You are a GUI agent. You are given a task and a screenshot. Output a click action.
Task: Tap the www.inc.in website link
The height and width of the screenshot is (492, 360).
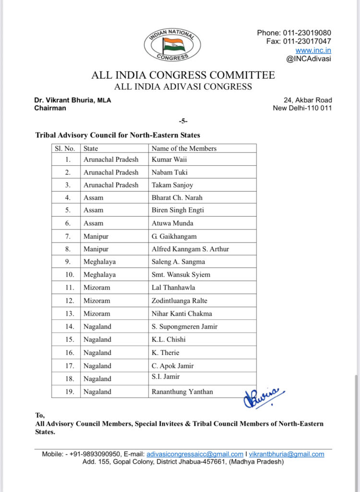click(313, 50)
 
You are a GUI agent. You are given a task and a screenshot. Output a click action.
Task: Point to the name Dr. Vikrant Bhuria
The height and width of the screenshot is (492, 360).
click(65, 100)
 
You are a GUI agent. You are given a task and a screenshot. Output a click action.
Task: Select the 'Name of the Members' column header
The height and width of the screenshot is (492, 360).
click(184, 148)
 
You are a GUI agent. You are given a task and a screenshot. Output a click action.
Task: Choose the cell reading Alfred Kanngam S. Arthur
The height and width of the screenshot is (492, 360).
click(190, 249)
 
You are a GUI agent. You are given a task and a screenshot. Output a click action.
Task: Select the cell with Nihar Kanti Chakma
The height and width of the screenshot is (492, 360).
click(181, 313)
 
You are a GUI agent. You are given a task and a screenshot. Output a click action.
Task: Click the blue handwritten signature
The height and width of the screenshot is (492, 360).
click(264, 397)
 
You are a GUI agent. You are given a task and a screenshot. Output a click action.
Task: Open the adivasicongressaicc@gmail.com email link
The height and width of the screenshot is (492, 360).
click(195, 454)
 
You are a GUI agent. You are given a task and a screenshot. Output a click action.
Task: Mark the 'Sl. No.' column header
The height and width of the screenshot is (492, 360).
click(66, 148)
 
